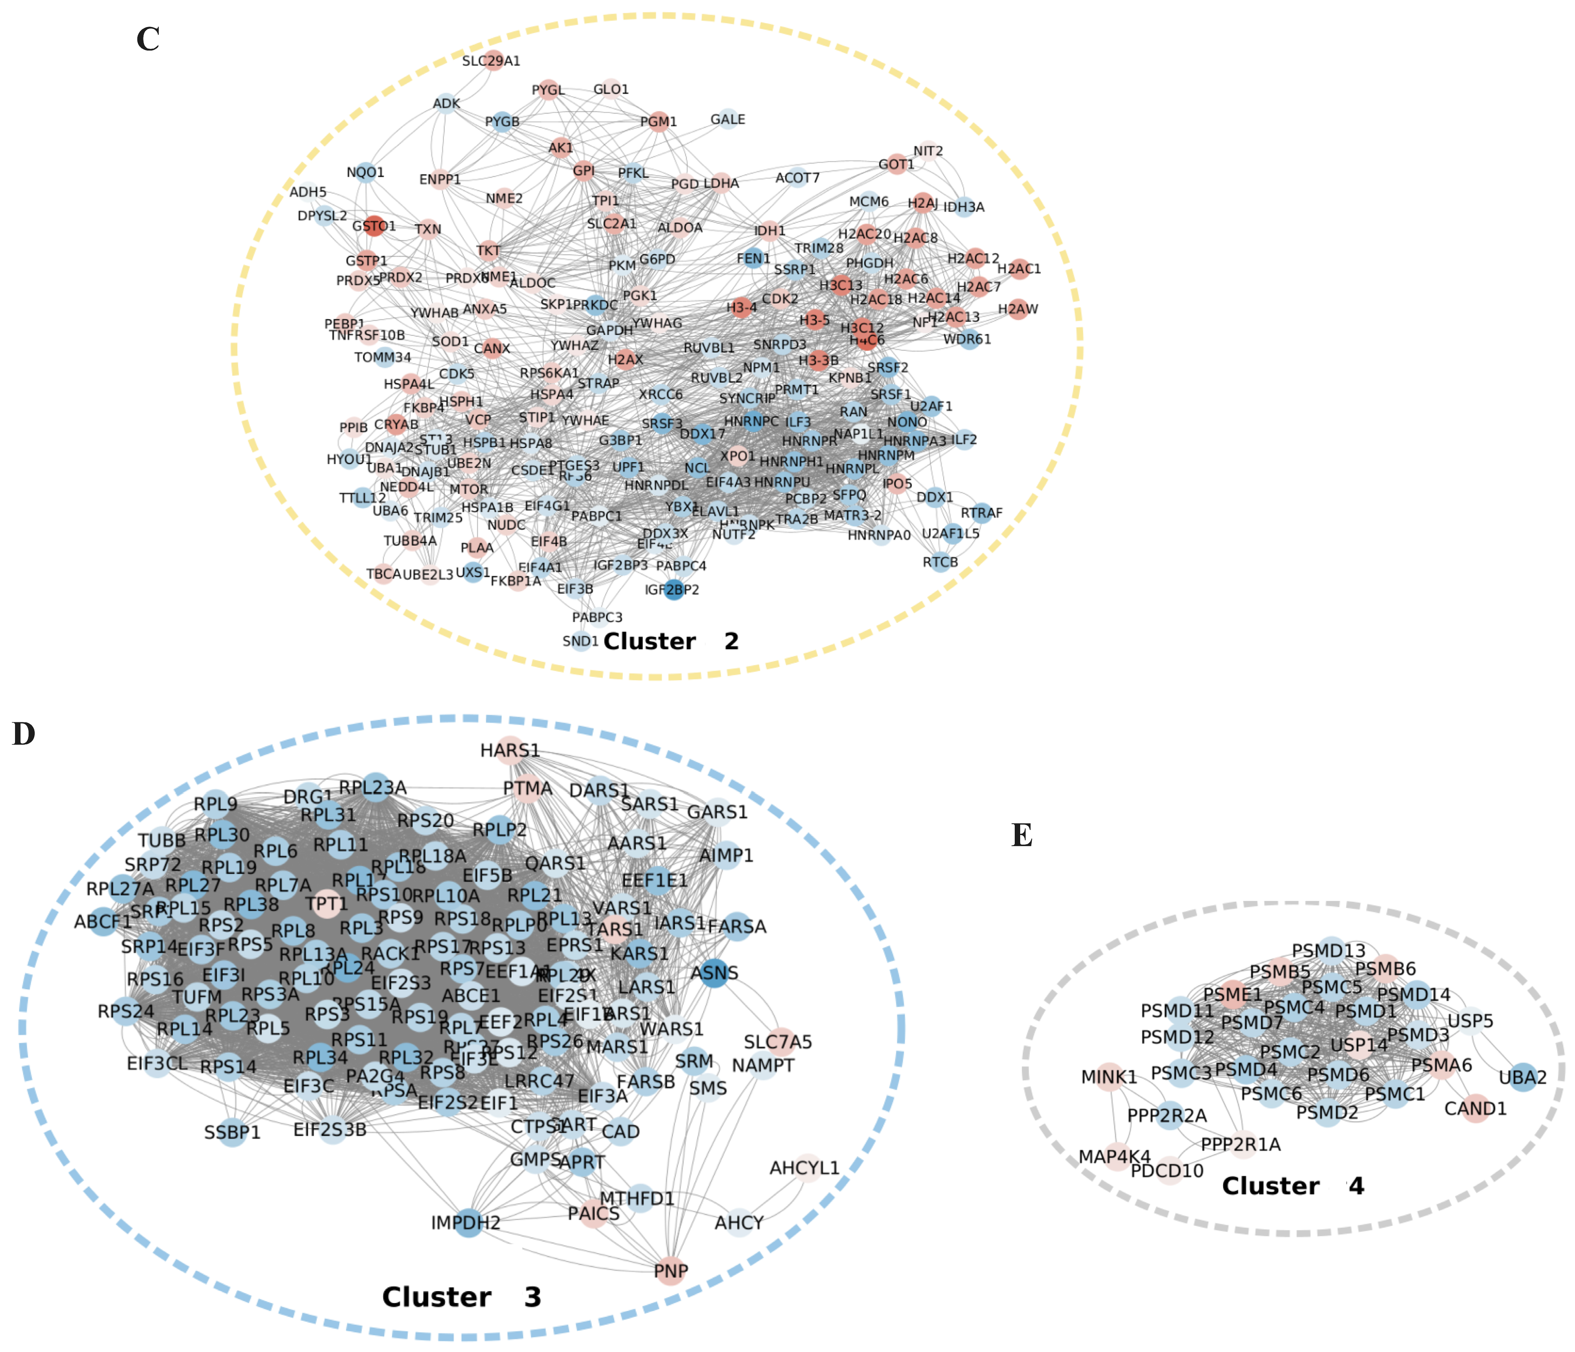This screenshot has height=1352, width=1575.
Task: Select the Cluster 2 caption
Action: pos(671,641)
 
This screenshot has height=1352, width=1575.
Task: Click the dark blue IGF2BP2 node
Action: pos(673,590)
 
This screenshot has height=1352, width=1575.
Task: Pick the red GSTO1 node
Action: pos(374,226)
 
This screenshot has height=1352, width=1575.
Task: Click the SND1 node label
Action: pos(580,641)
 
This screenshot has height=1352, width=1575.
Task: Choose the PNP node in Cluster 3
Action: pos(671,1271)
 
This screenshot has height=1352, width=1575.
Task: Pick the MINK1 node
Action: pos(1109,1077)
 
